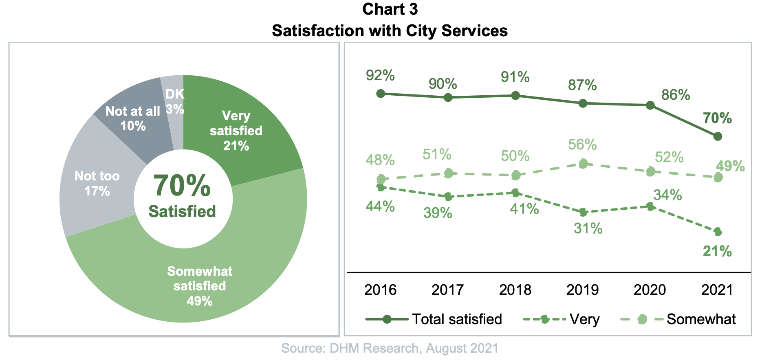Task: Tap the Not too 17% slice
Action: click(x=97, y=183)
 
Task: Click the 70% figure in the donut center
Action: click(x=182, y=186)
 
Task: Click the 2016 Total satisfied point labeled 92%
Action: click(x=381, y=94)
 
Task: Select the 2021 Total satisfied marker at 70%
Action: click(x=718, y=136)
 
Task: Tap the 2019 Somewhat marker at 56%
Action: click(x=583, y=164)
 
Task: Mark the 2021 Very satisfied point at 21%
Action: click(x=718, y=232)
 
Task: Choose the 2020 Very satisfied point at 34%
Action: click(x=650, y=206)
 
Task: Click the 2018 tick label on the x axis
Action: click(x=515, y=290)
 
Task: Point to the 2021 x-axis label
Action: click(x=717, y=290)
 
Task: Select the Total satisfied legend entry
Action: click(x=434, y=319)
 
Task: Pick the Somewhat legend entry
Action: click(x=678, y=319)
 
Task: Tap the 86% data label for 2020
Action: click(x=676, y=95)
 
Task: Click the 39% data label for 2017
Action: click(x=438, y=213)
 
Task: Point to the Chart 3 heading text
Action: click(x=390, y=9)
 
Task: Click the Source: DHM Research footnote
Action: click(x=390, y=349)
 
